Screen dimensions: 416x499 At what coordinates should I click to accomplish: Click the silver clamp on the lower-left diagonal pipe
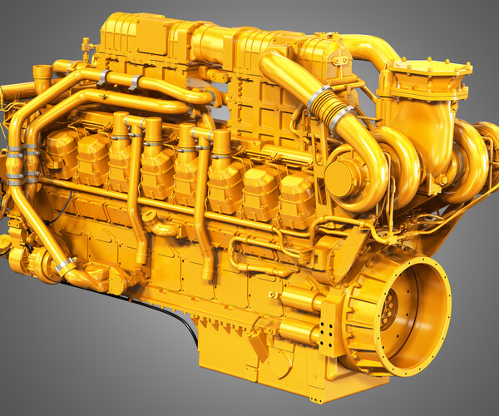click(x=65, y=266)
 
